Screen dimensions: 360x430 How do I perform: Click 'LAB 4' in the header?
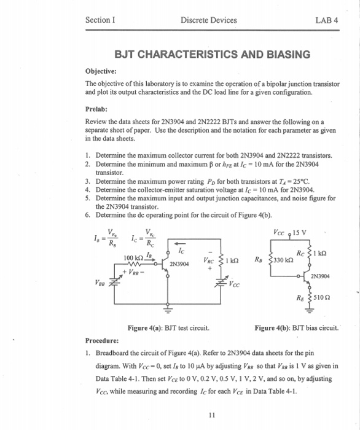point(326,20)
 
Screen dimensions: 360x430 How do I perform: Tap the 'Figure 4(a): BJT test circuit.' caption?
point(168,329)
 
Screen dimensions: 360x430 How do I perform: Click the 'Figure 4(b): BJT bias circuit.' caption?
point(296,329)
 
